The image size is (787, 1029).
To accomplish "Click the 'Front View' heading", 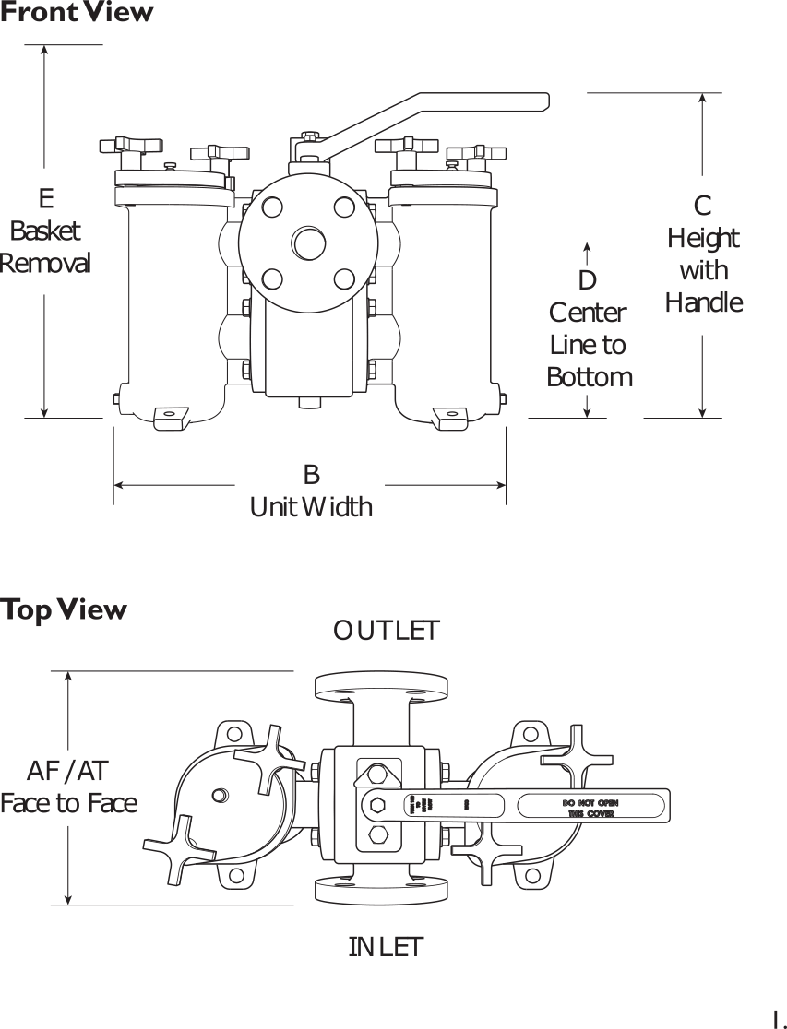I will [x=77, y=12].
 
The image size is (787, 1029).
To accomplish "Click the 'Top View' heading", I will [x=64, y=609].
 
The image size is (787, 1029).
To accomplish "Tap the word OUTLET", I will [x=387, y=631].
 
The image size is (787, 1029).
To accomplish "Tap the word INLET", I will [x=386, y=946].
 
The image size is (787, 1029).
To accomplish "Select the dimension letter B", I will [x=311, y=474].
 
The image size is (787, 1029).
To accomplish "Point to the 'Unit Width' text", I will [x=311, y=506].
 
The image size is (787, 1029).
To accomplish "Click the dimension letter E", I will [x=46, y=198].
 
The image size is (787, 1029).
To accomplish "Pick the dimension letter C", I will [x=703, y=206].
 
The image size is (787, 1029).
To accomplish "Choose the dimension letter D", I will [x=588, y=279].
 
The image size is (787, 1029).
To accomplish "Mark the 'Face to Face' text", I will [x=68, y=803].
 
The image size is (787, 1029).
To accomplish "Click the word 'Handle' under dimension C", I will [x=704, y=302].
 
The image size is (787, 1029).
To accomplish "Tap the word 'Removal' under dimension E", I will [x=45, y=263].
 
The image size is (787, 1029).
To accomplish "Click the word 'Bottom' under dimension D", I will [x=590, y=377].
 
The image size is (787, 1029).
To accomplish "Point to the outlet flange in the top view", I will [x=380, y=686].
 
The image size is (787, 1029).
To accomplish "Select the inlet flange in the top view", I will [x=380, y=890].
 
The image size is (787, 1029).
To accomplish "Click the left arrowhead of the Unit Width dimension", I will [x=118, y=484].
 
